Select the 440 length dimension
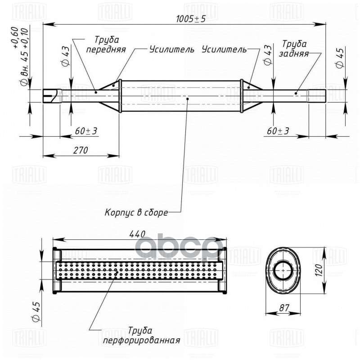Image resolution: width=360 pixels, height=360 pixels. coord(137,234)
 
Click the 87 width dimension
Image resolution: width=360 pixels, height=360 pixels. coord(283,307)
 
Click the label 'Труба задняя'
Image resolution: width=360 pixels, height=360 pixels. coord(294,49)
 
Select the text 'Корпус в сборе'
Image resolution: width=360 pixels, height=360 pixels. coord(136,212)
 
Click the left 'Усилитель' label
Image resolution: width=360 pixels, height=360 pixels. coord(171,49)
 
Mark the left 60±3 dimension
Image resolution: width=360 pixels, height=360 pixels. coord(86,130)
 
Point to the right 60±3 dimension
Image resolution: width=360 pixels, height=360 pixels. coord(277,130)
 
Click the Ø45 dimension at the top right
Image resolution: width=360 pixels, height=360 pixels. coord(340,58)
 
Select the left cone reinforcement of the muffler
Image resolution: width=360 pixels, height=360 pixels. coord(110,95)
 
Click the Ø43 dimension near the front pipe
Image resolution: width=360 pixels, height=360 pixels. coord(66,56)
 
